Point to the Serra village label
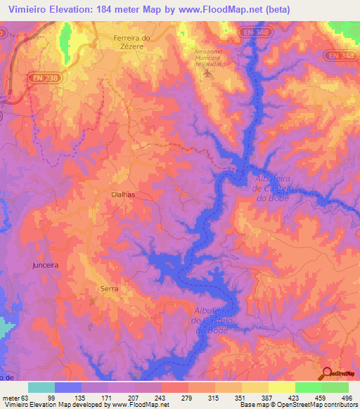pos(108,289)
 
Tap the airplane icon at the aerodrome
pos(207,72)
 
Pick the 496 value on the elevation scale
pos(347,397)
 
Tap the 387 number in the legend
pos(268,397)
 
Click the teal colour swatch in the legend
pos(41,387)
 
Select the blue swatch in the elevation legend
pos(67,387)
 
